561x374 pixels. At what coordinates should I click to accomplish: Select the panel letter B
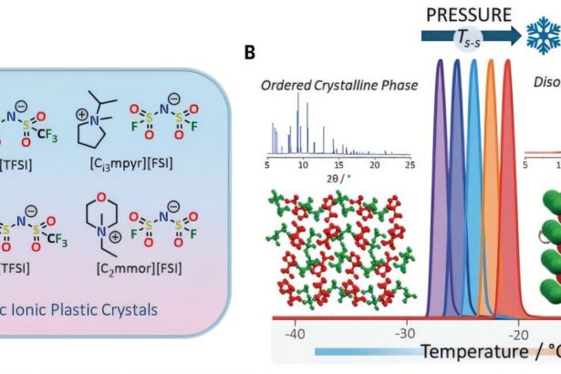251,53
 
